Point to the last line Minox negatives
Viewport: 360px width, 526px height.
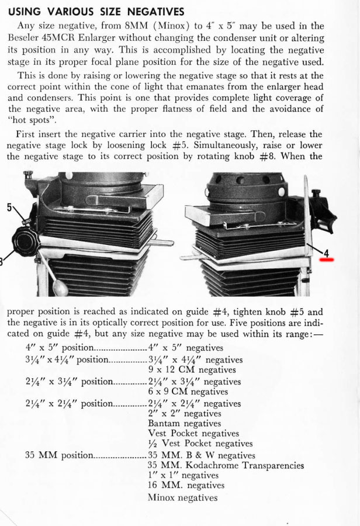pos(183,497)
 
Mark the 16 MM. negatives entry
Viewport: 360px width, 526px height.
pos(186,485)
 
